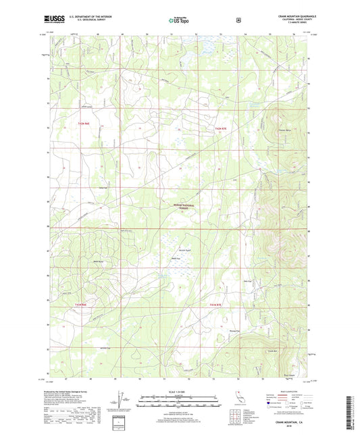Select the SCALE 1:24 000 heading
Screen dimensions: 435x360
coord(178,391)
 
